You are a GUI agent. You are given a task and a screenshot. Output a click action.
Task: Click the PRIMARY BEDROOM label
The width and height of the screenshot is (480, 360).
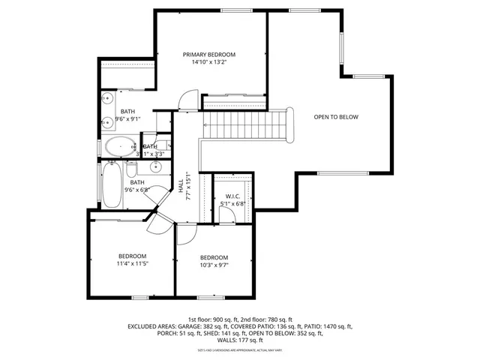point(210,55)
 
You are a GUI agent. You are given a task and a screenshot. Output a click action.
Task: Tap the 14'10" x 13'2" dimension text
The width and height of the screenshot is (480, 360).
point(210,63)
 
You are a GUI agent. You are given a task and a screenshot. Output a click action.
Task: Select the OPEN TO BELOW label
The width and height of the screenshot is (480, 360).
point(335,117)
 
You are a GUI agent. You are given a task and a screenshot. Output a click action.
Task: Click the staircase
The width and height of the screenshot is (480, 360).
point(246,123)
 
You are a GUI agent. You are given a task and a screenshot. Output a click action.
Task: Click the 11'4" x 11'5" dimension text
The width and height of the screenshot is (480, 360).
point(131,264)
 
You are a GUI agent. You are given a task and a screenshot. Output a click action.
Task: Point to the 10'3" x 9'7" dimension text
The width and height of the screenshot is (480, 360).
point(214,265)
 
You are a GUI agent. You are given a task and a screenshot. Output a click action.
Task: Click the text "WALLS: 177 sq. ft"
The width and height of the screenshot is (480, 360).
point(239,340)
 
